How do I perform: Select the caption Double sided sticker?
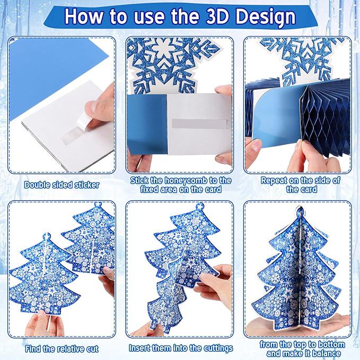(x=62, y=186)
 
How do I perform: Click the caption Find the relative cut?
(x=62, y=349)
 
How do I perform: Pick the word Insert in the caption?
(x=142, y=348)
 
